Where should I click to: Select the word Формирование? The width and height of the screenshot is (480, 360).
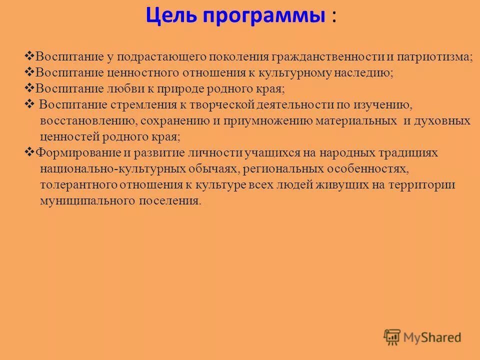67,153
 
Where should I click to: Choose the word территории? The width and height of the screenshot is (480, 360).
427,185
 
